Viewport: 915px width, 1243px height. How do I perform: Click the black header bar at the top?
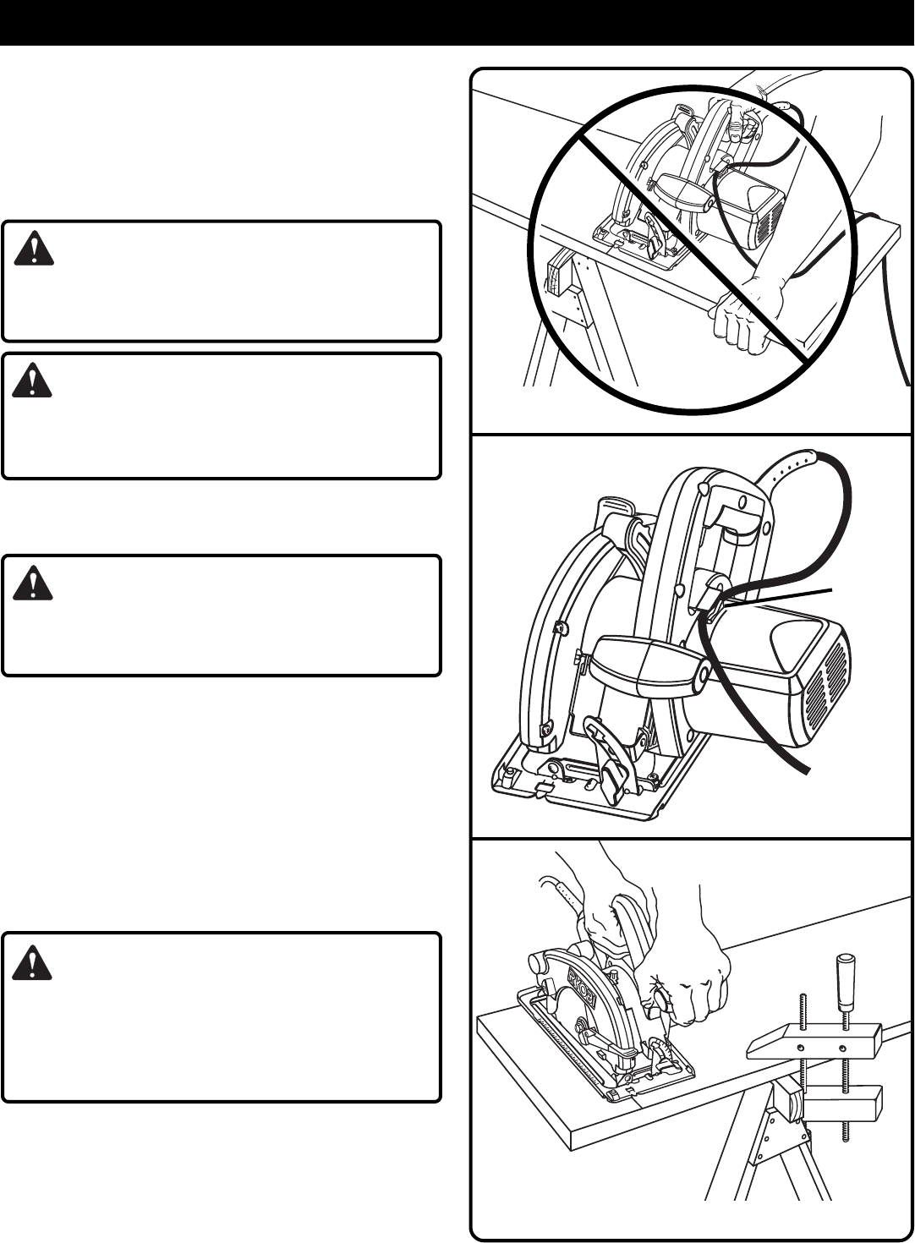click(x=457, y=22)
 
